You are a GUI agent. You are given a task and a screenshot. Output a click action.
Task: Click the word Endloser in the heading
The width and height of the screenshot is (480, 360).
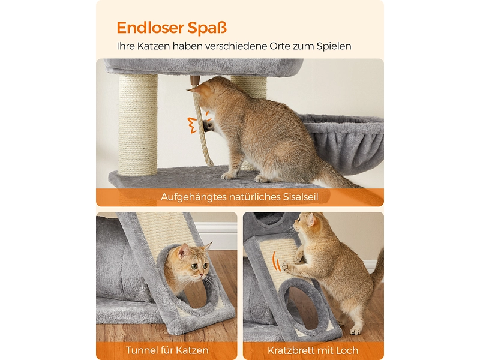151,28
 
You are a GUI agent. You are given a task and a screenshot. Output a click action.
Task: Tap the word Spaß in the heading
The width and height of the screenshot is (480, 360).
207,28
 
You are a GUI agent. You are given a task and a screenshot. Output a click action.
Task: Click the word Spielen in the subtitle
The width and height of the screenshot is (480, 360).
334,47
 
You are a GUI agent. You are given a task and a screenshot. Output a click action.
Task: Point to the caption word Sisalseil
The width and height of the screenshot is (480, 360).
301,197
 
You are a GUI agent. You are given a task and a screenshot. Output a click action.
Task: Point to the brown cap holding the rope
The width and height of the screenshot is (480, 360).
194,81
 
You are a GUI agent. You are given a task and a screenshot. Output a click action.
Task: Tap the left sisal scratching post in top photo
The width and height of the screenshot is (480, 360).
138,125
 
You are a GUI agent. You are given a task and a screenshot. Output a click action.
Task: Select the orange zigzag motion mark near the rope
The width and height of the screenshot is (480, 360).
192,125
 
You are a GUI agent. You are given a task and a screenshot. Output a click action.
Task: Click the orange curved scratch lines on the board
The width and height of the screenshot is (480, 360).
277,261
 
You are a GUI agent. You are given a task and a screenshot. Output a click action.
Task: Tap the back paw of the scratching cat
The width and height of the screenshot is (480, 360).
356,331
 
